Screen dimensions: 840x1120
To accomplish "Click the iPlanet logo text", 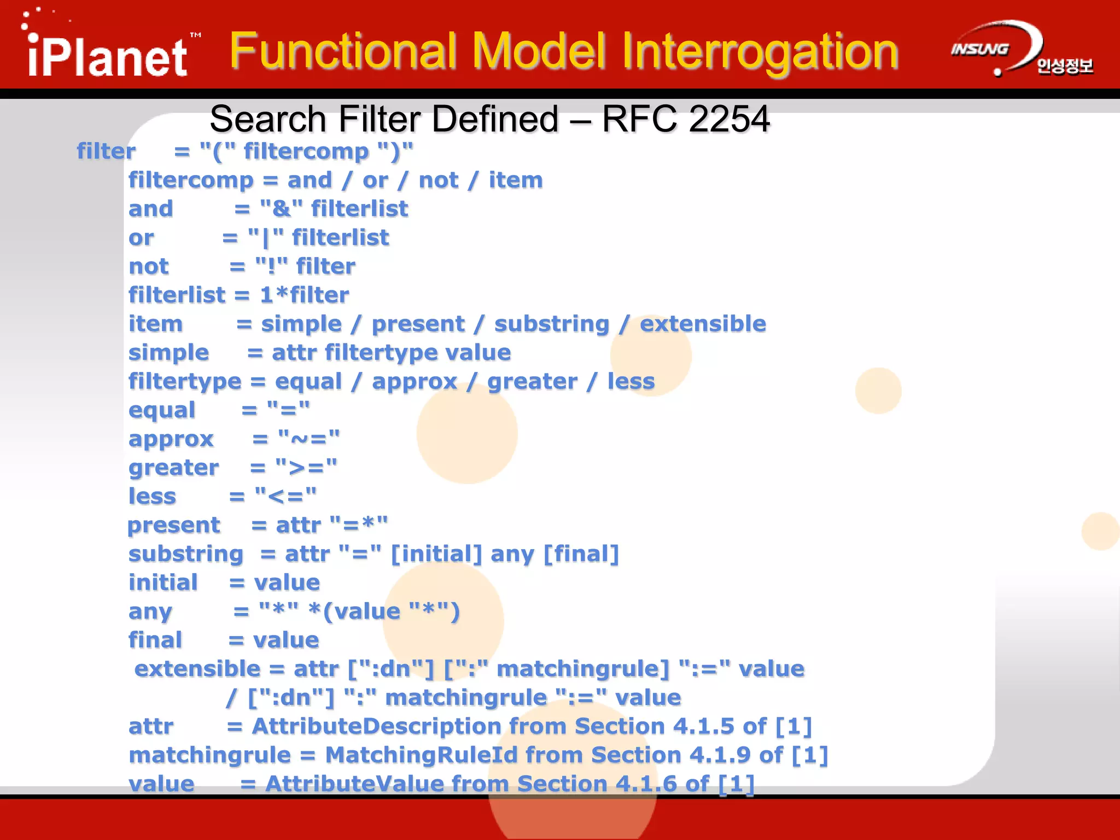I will (108, 57).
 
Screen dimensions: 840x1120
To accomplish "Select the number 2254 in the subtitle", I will (728, 119).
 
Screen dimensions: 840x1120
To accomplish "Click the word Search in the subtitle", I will (268, 119).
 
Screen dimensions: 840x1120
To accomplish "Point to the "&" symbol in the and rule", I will (281, 209).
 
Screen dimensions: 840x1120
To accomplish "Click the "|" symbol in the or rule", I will (266, 238).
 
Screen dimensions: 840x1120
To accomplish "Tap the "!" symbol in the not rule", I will (271, 267).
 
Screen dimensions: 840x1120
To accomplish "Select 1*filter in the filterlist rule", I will (304, 295).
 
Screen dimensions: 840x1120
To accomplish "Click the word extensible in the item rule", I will (703, 324).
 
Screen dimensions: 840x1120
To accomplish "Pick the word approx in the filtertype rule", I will (414, 381).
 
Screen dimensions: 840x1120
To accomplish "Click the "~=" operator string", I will (308, 439).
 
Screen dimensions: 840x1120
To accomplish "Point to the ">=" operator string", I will (306, 468).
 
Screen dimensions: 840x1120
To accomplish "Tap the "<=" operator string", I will (285, 497).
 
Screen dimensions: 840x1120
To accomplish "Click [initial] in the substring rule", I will (436, 554).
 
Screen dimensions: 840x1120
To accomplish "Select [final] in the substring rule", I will (581, 554).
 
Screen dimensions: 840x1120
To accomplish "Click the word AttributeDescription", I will (376, 726).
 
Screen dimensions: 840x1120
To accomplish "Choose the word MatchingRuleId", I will (421, 755).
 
